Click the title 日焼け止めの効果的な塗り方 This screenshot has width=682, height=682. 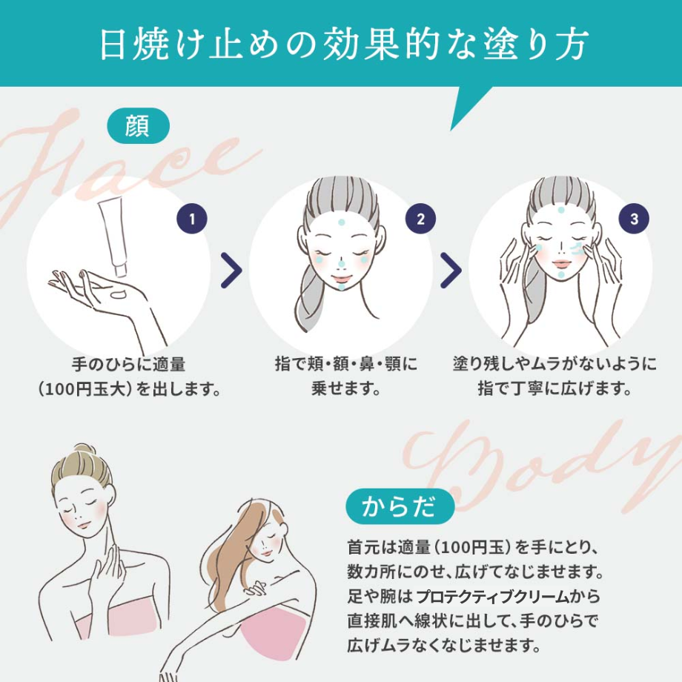coord(341,44)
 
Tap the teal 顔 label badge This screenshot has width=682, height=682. coord(138,126)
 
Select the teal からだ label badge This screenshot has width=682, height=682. coord(400,507)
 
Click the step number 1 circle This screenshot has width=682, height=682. coord(192,219)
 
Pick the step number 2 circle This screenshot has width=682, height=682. coord(420,219)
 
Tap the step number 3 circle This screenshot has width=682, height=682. coord(634,219)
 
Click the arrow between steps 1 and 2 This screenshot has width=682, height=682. coord(231,271)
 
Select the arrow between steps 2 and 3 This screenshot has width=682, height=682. coord(451,271)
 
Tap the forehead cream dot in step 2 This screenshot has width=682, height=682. coord(340,221)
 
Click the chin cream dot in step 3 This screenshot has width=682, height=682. coord(561,274)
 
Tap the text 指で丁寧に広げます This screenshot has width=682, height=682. coord(554,388)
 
